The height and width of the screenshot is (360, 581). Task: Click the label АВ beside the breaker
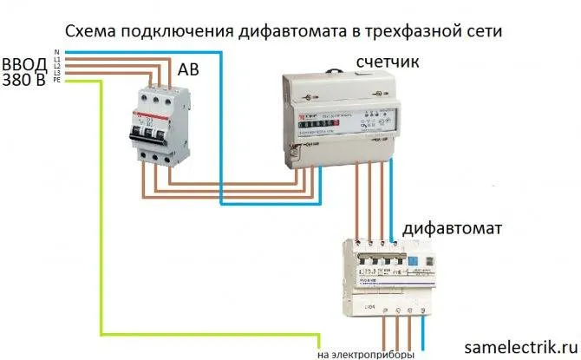pyautogui.click(x=189, y=69)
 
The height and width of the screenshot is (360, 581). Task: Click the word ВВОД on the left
pyautogui.click(x=25, y=63)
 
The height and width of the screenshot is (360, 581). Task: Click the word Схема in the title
pyautogui.click(x=90, y=31)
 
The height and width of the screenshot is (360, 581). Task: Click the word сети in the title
pyautogui.click(x=480, y=31)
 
